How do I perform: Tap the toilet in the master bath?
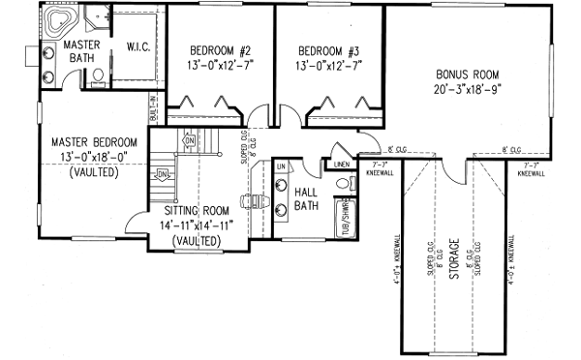pyautogui.click(x=97, y=82)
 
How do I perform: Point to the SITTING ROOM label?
pyautogui.click(x=195, y=208)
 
